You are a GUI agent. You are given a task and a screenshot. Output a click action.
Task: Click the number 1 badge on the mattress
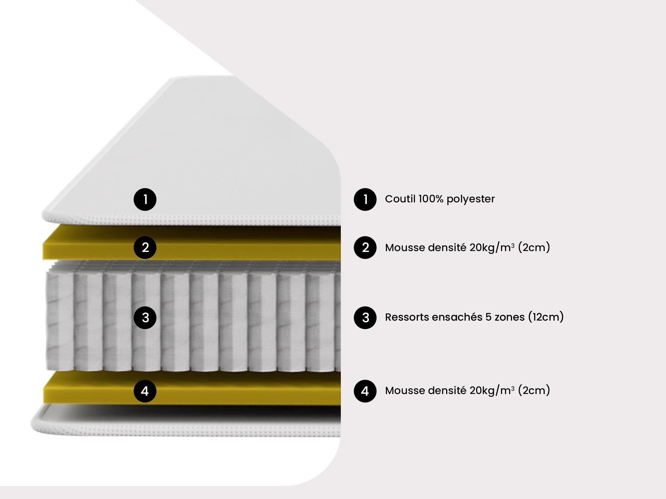tap(145, 199)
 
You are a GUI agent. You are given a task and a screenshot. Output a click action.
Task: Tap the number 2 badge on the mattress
tap(145, 248)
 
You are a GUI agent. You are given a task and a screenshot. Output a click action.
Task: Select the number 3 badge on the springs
tap(145, 317)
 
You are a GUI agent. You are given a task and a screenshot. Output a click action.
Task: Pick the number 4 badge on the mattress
tap(145, 391)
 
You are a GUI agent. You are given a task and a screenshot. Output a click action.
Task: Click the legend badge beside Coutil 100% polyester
tap(365, 199)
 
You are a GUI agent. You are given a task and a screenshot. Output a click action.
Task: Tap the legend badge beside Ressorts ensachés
tap(365, 317)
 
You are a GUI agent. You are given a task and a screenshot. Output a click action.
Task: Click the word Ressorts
tap(406, 317)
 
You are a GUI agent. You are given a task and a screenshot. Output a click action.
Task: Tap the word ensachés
tap(457, 317)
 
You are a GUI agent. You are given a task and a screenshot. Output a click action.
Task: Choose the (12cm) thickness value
tap(546, 317)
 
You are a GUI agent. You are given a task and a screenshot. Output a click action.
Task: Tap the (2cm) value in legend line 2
tap(534, 248)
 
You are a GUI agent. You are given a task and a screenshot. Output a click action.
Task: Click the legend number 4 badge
tap(365, 391)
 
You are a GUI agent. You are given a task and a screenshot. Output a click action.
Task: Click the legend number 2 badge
tap(365, 248)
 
